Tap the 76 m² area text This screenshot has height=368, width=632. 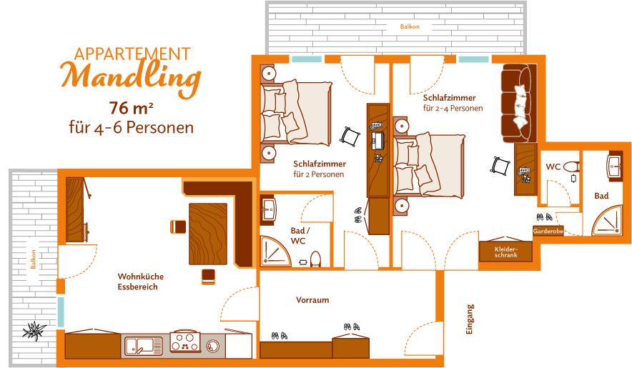click(x=131, y=108)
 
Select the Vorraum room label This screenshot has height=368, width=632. click(x=312, y=300)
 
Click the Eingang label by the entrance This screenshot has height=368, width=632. click(x=470, y=319)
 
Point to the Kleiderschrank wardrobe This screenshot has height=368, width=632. click(x=506, y=252)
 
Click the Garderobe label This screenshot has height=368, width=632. click(x=548, y=232)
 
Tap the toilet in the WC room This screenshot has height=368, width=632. click(x=571, y=166)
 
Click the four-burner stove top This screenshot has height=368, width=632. click(x=185, y=342)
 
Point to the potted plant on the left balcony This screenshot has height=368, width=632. click(x=34, y=331)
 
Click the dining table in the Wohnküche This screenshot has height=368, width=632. click(x=208, y=234)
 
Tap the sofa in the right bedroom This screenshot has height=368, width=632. click(x=518, y=103)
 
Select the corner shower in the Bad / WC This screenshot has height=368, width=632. click(x=275, y=251)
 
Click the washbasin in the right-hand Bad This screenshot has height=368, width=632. click(x=615, y=165)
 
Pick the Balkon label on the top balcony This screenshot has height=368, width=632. click(x=410, y=26)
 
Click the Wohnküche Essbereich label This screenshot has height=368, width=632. click(x=140, y=282)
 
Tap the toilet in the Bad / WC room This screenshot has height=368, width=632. click(x=315, y=259)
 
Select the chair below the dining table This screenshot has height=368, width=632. click(x=208, y=277)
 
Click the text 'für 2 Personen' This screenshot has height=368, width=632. click(x=318, y=174)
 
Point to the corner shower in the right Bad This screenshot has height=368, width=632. click(x=608, y=221)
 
